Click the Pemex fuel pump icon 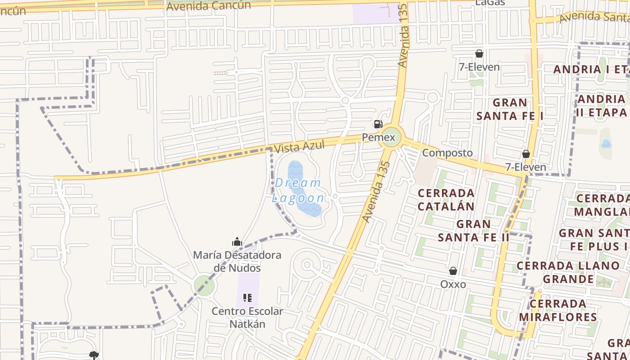(378, 124)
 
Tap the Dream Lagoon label (298, 190)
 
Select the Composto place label (447, 153)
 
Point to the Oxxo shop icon (453, 271)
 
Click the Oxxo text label (453, 284)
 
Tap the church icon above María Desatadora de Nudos (237, 242)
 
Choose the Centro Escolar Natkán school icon (247, 297)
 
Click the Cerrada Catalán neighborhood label (446, 200)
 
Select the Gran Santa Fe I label (510, 109)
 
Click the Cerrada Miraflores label (558, 310)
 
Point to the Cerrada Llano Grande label (568, 272)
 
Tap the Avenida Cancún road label (209, 6)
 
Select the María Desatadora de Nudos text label (237, 261)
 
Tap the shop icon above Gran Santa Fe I (479, 54)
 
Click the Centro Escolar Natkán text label (247, 317)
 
